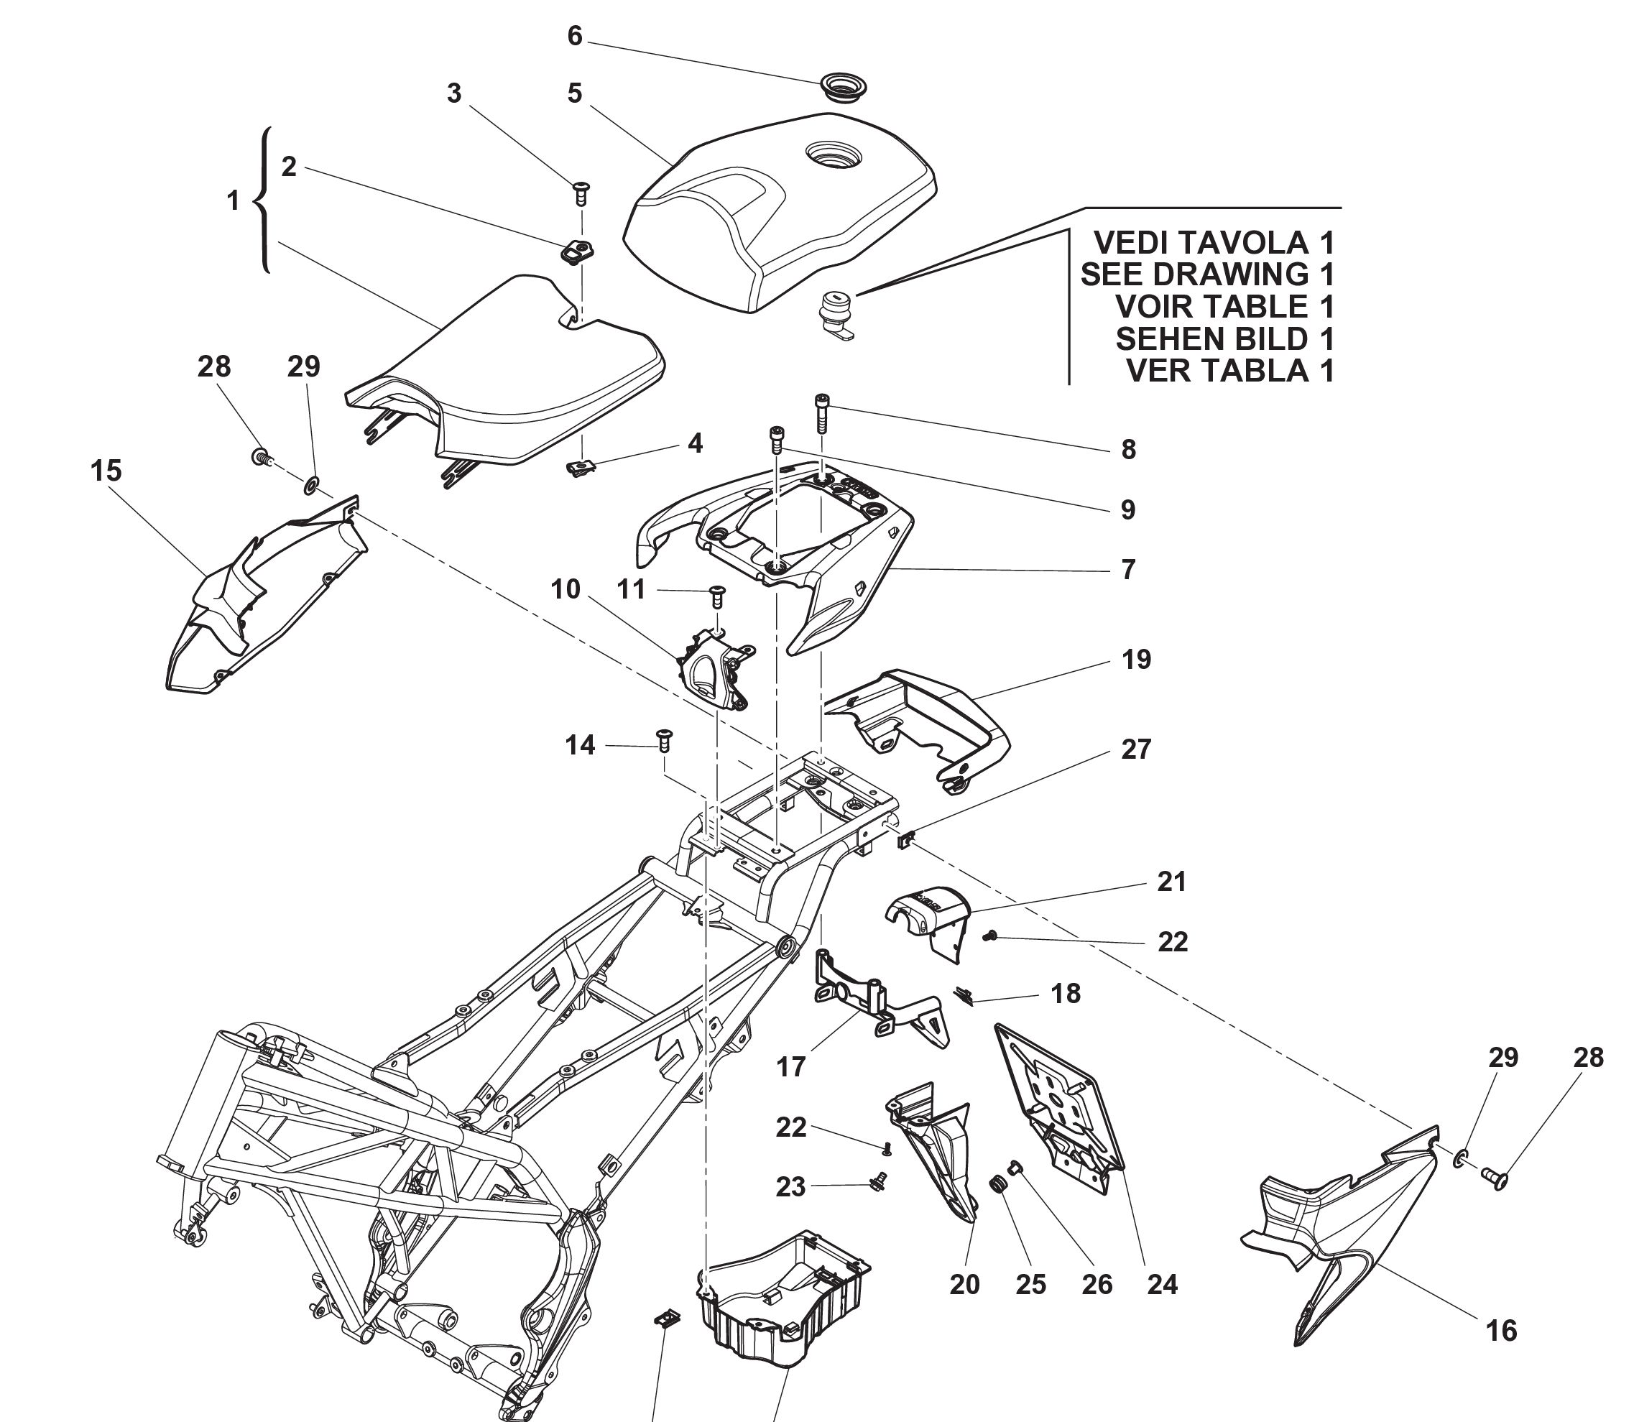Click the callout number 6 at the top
pos(575,36)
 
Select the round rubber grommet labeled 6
pos(843,84)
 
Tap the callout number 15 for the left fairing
pos(106,471)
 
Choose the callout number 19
pos(1135,660)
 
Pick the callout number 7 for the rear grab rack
pos(1127,569)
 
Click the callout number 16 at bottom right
pos(1500,1331)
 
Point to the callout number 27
pos(1135,749)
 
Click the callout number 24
pos(1162,1284)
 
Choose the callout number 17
pos(790,1067)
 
